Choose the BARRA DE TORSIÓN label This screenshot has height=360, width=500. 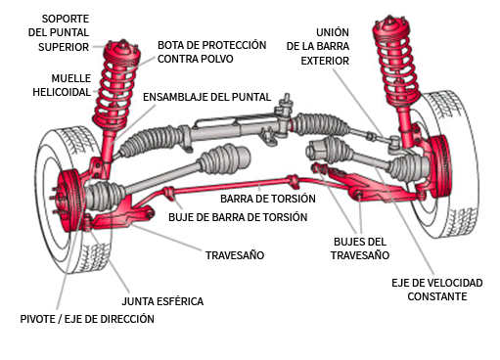click(257, 199)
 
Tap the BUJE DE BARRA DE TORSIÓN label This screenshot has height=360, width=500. click(238, 216)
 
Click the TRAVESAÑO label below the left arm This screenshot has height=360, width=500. click(234, 255)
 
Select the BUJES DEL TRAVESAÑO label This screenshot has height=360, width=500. click(360, 247)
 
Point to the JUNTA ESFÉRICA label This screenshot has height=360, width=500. click(161, 300)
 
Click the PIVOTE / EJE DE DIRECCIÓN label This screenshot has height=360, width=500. click(87, 319)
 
